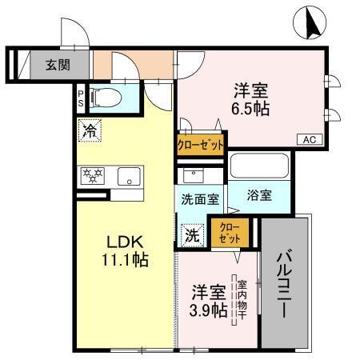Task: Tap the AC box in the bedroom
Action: click(309, 140)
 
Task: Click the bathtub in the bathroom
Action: click(258, 167)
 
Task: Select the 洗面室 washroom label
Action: click(200, 199)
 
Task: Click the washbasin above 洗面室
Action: click(192, 177)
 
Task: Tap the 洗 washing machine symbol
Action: click(191, 235)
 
